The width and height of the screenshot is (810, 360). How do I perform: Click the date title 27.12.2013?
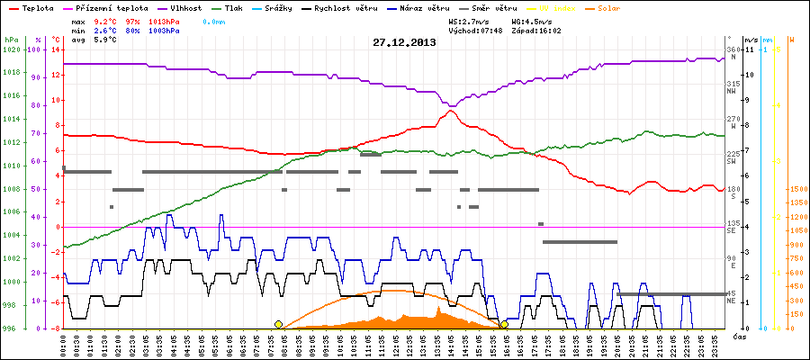tap(404, 42)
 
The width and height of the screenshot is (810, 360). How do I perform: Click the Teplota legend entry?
tap(31, 6)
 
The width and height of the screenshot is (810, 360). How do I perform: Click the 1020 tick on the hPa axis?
tap(11, 49)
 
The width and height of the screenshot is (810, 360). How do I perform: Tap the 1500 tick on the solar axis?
tap(796, 189)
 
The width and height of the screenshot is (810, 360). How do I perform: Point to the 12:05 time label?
tap(396, 344)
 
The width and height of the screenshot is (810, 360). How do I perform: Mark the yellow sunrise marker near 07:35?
tap(278, 324)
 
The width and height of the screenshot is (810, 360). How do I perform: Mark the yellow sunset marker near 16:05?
tap(504, 324)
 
